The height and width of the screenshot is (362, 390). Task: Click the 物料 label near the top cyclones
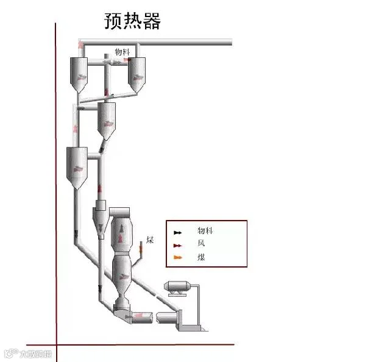pos(122,52)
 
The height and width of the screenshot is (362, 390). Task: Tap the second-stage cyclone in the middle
pos(106,119)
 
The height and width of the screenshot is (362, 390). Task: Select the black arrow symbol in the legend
pos(177,233)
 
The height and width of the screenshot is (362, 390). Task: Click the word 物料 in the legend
pos(205,232)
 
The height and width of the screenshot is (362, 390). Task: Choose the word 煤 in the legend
pos(201,257)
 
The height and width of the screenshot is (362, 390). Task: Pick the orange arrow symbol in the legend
pos(177,258)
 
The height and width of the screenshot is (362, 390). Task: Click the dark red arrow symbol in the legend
pos(177,245)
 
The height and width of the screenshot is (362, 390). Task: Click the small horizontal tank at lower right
pos(179,286)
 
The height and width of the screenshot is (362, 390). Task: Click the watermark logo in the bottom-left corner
pos(27,353)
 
